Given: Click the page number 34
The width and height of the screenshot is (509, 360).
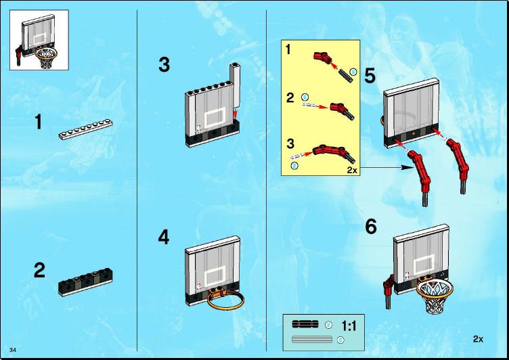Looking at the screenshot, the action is (x=13, y=350).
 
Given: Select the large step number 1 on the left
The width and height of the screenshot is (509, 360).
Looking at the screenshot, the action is (x=39, y=122).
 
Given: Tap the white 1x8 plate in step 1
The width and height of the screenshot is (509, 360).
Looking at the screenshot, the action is (x=86, y=129).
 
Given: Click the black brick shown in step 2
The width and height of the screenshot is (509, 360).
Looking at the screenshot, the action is (x=86, y=282).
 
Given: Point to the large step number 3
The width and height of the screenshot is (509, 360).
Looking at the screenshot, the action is (x=164, y=64).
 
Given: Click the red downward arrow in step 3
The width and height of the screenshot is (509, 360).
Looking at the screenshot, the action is (x=236, y=114).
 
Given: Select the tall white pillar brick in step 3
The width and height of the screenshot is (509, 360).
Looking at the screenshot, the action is (x=235, y=85).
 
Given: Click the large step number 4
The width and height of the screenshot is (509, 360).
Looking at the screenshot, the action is (x=164, y=238).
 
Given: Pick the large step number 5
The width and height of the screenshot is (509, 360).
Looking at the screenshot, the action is (x=370, y=76).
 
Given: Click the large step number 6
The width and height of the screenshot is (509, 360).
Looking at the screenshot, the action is (x=371, y=226).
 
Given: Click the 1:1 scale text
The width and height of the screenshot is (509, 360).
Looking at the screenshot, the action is (x=349, y=325).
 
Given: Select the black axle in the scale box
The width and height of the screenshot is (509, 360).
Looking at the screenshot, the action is (x=305, y=324).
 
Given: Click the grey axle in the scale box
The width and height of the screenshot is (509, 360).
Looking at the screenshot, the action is (x=312, y=340).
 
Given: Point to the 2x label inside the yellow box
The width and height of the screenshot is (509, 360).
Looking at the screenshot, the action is (x=352, y=170).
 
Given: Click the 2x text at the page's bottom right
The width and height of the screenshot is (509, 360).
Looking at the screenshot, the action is (x=478, y=339).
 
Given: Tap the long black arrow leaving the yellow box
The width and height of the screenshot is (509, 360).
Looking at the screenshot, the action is (x=386, y=168).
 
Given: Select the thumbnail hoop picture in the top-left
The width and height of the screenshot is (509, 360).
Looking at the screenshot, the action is (x=39, y=40).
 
